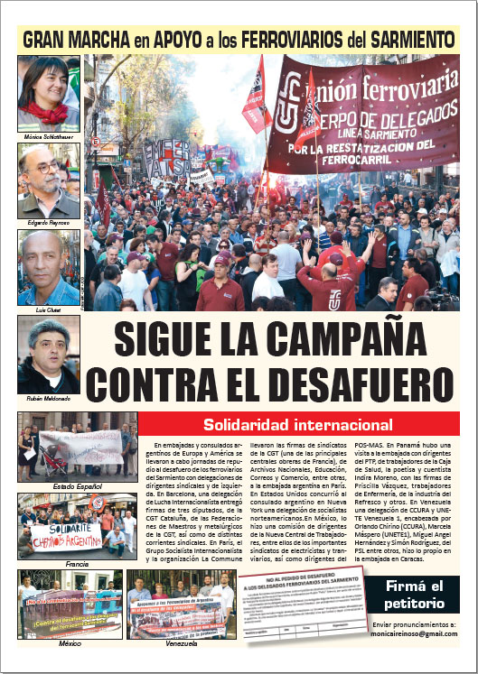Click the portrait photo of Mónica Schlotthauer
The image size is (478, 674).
(x=49, y=93)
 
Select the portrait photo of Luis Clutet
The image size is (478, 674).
(x=49, y=267)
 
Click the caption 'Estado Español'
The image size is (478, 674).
(x=77, y=486)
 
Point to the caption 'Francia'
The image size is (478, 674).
(x=77, y=563)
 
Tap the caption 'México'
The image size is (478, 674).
(x=70, y=643)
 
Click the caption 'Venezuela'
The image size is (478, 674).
(x=181, y=643)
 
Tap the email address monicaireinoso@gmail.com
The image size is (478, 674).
(x=416, y=635)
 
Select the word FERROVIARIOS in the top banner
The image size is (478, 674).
(x=285, y=40)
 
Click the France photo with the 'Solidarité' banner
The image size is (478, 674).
(x=77, y=525)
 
